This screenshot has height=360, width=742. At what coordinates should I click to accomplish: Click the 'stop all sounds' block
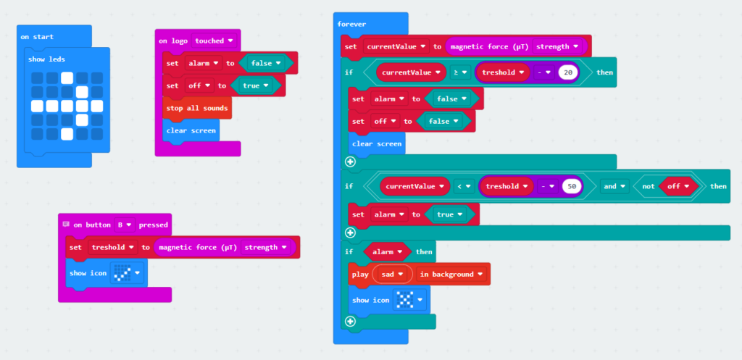click(x=197, y=109)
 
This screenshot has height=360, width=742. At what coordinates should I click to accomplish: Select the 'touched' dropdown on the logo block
click(x=214, y=41)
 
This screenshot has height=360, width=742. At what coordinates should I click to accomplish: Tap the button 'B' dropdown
click(x=125, y=225)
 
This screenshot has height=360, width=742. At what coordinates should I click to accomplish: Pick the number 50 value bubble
click(x=571, y=186)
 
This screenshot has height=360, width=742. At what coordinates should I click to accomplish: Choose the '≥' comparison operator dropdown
click(x=460, y=72)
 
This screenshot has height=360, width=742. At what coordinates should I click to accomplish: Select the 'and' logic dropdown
click(x=614, y=186)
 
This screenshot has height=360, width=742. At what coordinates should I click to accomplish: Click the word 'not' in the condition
click(x=649, y=186)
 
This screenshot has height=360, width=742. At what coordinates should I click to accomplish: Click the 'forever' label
click(x=351, y=24)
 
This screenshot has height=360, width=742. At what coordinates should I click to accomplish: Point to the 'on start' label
click(x=37, y=37)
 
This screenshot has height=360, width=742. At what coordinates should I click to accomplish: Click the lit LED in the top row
click(x=67, y=78)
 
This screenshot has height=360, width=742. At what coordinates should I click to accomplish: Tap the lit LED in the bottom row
click(x=67, y=134)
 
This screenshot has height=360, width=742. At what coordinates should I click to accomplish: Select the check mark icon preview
click(x=122, y=273)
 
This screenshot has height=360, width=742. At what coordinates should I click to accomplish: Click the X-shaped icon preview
click(x=404, y=300)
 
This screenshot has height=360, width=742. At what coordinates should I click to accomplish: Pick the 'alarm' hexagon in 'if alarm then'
click(x=387, y=251)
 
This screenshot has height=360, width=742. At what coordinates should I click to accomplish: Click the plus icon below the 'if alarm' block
click(x=350, y=322)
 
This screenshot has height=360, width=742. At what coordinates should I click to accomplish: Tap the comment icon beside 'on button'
click(x=66, y=225)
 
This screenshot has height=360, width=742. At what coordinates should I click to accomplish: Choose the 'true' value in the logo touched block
click(x=256, y=85)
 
